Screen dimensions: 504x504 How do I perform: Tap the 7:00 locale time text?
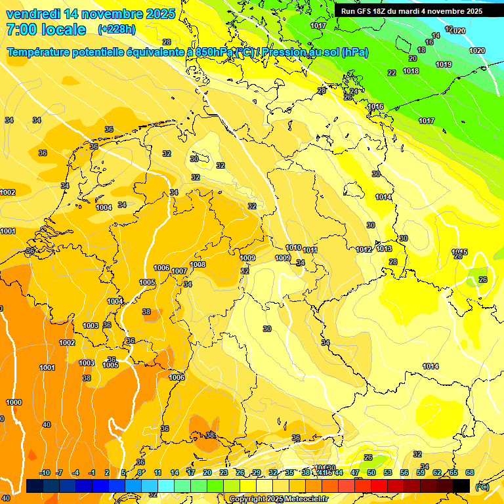[x=46, y=30]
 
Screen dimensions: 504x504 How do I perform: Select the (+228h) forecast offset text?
[x=117, y=30]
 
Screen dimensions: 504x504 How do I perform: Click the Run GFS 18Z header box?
[x=411, y=11]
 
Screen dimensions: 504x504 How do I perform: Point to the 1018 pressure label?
[x=411, y=71]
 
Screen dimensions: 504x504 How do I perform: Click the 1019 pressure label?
[x=444, y=64]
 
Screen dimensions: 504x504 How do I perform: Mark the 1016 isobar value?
[x=375, y=106]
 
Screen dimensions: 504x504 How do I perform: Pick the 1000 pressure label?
[x=14, y=402]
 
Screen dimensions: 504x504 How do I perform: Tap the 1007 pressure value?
[x=179, y=271]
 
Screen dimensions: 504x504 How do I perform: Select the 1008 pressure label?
[x=198, y=264]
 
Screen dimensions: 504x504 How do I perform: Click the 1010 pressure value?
[x=293, y=247]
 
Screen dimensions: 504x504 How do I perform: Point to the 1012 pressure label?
[x=364, y=249]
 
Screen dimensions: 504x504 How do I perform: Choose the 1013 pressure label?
[x=385, y=249]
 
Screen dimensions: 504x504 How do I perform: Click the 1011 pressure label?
[x=310, y=250]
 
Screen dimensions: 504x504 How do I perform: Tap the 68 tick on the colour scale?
[x=470, y=472]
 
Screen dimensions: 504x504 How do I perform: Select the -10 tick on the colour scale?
[x=45, y=472]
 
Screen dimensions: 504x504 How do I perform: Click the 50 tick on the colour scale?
[x=371, y=472]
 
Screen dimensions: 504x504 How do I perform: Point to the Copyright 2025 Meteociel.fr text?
[x=274, y=499]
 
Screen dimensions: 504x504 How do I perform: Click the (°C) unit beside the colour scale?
[x=482, y=487]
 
